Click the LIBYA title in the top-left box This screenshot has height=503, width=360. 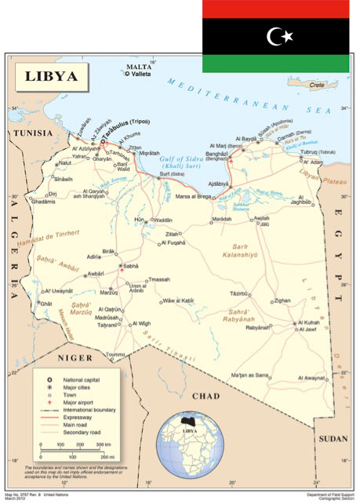coord(51,76)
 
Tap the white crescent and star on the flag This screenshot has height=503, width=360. coord(280,35)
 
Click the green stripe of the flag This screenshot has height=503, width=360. coord(280,63)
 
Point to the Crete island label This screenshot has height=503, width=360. coord(317,84)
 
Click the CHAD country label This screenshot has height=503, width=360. coord(206,396)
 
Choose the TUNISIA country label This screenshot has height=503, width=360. coord(28,134)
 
